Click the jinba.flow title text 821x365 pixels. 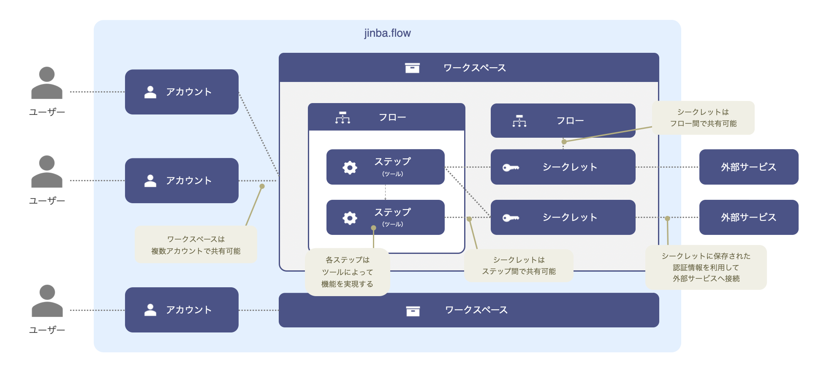[x=387, y=33]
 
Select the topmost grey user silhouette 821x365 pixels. [x=47, y=83]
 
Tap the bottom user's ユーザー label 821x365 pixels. [x=47, y=330]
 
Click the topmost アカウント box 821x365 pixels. [x=182, y=92]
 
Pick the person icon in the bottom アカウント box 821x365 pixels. [x=150, y=310]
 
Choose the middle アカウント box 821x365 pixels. [x=182, y=180]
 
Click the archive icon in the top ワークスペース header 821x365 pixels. [x=412, y=68]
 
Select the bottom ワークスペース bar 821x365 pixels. [x=469, y=310]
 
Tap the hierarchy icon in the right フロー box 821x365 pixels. [x=519, y=121]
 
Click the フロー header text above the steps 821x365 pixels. [x=392, y=117]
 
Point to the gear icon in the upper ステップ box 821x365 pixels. [x=350, y=167]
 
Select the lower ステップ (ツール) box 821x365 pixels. [x=385, y=217]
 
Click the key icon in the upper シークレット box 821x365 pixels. [x=511, y=167]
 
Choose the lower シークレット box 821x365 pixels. [x=563, y=217]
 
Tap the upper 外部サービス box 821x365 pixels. [x=749, y=167]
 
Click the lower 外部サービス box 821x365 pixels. [x=749, y=217]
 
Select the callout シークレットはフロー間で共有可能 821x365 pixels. [x=703, y=118]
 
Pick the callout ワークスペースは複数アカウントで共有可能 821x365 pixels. [x=196, y=245]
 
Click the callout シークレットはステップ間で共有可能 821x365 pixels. [x=519, y=265]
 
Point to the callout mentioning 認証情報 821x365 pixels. [x=706, y=267]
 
